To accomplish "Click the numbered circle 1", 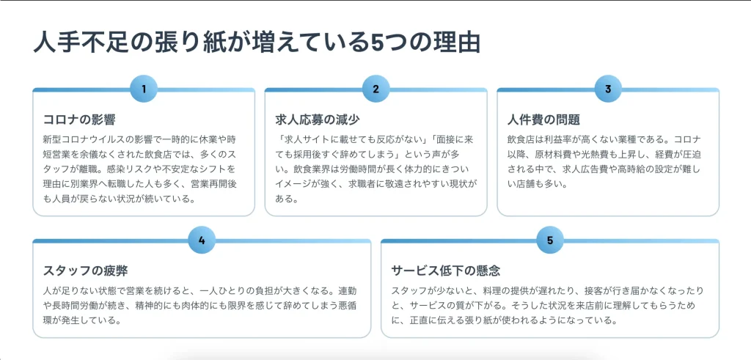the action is (x=144, y=89).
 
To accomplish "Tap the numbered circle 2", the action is (x=376, y=89).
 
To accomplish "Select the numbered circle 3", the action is (x=608, y=89).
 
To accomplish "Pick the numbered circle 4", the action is (x=202, y=240).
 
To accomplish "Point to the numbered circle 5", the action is (x=550, y=240).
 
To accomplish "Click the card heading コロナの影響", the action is (x=79, y=120).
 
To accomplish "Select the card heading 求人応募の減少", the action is (x=318, y=120).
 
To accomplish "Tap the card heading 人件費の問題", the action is (x=544, y=120).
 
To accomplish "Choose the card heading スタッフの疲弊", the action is (x=85, y=271).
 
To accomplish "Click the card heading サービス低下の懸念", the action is (x=446, y=271).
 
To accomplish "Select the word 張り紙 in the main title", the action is (x=184, y=43).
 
